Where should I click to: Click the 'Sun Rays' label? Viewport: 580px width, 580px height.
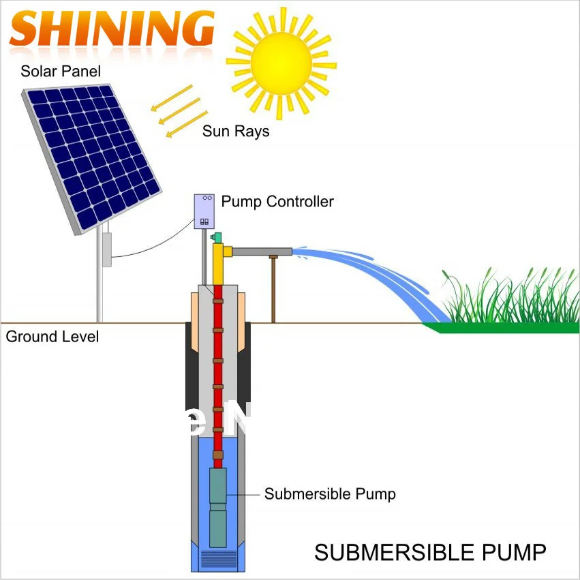tap(236, 131)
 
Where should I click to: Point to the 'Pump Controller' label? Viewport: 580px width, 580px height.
tap(277, 202)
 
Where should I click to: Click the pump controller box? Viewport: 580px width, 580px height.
tap(204, 211)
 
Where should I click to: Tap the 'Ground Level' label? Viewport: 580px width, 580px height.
tap(52, 337)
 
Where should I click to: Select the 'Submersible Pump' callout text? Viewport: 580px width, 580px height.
tap(330, 493)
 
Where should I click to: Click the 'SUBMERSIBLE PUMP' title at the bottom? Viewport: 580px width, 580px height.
tap(430, 552)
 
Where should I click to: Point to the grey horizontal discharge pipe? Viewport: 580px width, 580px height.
tap(262, 252)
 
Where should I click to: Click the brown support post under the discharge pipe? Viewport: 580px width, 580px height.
tap(274, 290)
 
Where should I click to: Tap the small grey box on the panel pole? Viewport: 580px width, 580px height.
tap(106, 249)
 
